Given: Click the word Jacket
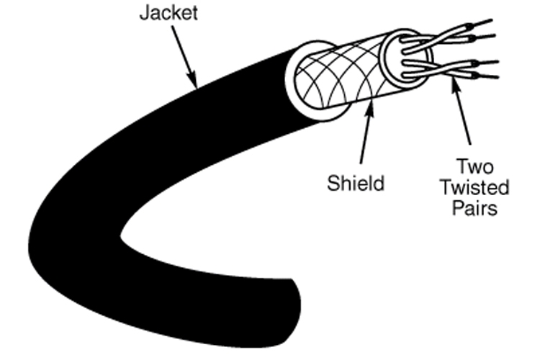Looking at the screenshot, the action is (168, 13).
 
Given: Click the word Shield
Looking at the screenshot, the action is (356, 183).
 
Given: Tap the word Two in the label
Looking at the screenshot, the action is (475, 166).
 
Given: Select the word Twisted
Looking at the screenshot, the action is (475, 188).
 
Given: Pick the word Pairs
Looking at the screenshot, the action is (475, 208).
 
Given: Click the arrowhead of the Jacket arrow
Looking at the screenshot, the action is (192, 78).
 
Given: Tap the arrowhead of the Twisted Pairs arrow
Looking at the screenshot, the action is (455, 83).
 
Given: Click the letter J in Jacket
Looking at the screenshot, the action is (144, 13).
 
